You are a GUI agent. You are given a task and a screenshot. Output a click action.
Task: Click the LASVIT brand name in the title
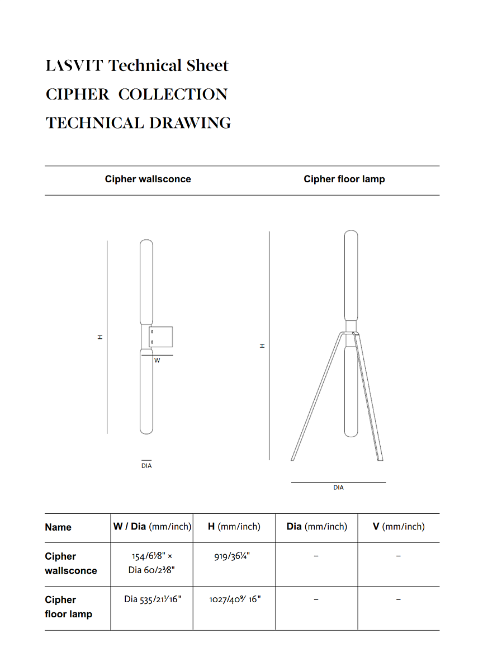[x=74, y=66]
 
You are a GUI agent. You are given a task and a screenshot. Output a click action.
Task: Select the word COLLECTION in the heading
[x=173, y=94]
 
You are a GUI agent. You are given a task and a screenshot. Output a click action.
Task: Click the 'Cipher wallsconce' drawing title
[x=148, y=179]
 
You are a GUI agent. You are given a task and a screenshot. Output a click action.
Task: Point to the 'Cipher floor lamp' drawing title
[x=344, y=179]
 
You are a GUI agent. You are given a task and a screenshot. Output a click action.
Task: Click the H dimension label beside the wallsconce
[x=100, y=337]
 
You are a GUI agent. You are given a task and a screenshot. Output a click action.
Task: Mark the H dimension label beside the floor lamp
[x=262, y=346]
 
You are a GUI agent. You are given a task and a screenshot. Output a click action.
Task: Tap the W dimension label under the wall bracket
[x=157, y=361]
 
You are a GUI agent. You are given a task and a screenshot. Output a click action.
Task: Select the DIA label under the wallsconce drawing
[x=146, y=466]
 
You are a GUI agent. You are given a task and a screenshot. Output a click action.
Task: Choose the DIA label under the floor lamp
[x=339, y=488]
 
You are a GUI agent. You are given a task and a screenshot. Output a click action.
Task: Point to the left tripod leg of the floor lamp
[x=316, y=397]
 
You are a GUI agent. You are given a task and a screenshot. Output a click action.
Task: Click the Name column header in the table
[x=58, y=527]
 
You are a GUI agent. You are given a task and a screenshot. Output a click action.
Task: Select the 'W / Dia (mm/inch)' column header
[x=152, y=527]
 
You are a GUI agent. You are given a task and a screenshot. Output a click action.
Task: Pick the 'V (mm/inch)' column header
[x=399, y=527]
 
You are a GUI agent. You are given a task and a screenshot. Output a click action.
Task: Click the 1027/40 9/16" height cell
[x=234, y=599]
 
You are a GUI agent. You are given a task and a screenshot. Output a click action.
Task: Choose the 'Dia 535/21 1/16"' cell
[x=152, y=599]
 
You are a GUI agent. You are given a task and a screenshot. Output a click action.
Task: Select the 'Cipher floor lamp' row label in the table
[x=68, y=607]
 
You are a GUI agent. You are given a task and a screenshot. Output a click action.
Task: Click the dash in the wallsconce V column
[x=399, y=557]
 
